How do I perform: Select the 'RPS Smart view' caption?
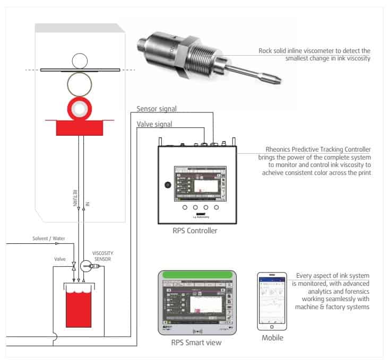click(196, 343)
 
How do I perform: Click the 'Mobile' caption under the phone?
click(273, 338)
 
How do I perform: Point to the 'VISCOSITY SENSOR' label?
click(103, 256)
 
